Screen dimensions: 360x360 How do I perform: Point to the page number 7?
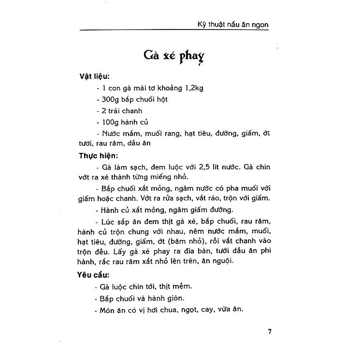click(270, 331)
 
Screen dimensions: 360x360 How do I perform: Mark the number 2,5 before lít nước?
click(199, 167)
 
